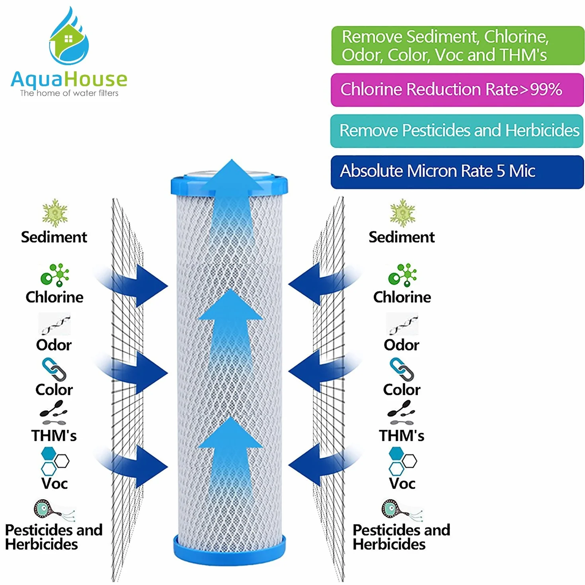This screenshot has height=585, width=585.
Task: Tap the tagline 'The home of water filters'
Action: (69, 93)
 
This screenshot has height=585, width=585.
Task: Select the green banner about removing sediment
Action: (458, 45)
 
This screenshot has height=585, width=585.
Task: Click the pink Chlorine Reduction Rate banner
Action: (457, 90)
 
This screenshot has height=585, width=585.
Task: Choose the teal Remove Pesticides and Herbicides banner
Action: (457, 131)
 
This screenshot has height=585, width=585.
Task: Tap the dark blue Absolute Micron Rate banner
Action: (457, 172)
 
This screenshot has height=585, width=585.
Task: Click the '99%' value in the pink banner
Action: (546, 90)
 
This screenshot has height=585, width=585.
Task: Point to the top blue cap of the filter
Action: (229, 184)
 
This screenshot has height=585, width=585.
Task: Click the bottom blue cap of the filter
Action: (229, 549)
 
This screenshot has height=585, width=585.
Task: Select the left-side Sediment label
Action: (54, 237)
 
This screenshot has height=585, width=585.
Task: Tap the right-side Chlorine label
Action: (402, 297)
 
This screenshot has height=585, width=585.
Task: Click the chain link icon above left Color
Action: (54, 369)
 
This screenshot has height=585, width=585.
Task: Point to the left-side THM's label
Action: (54, 435)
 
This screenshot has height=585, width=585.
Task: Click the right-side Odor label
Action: (402, 345)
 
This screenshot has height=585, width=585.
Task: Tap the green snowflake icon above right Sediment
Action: (403, 213)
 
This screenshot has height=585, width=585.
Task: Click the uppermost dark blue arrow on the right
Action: (325, 284)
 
